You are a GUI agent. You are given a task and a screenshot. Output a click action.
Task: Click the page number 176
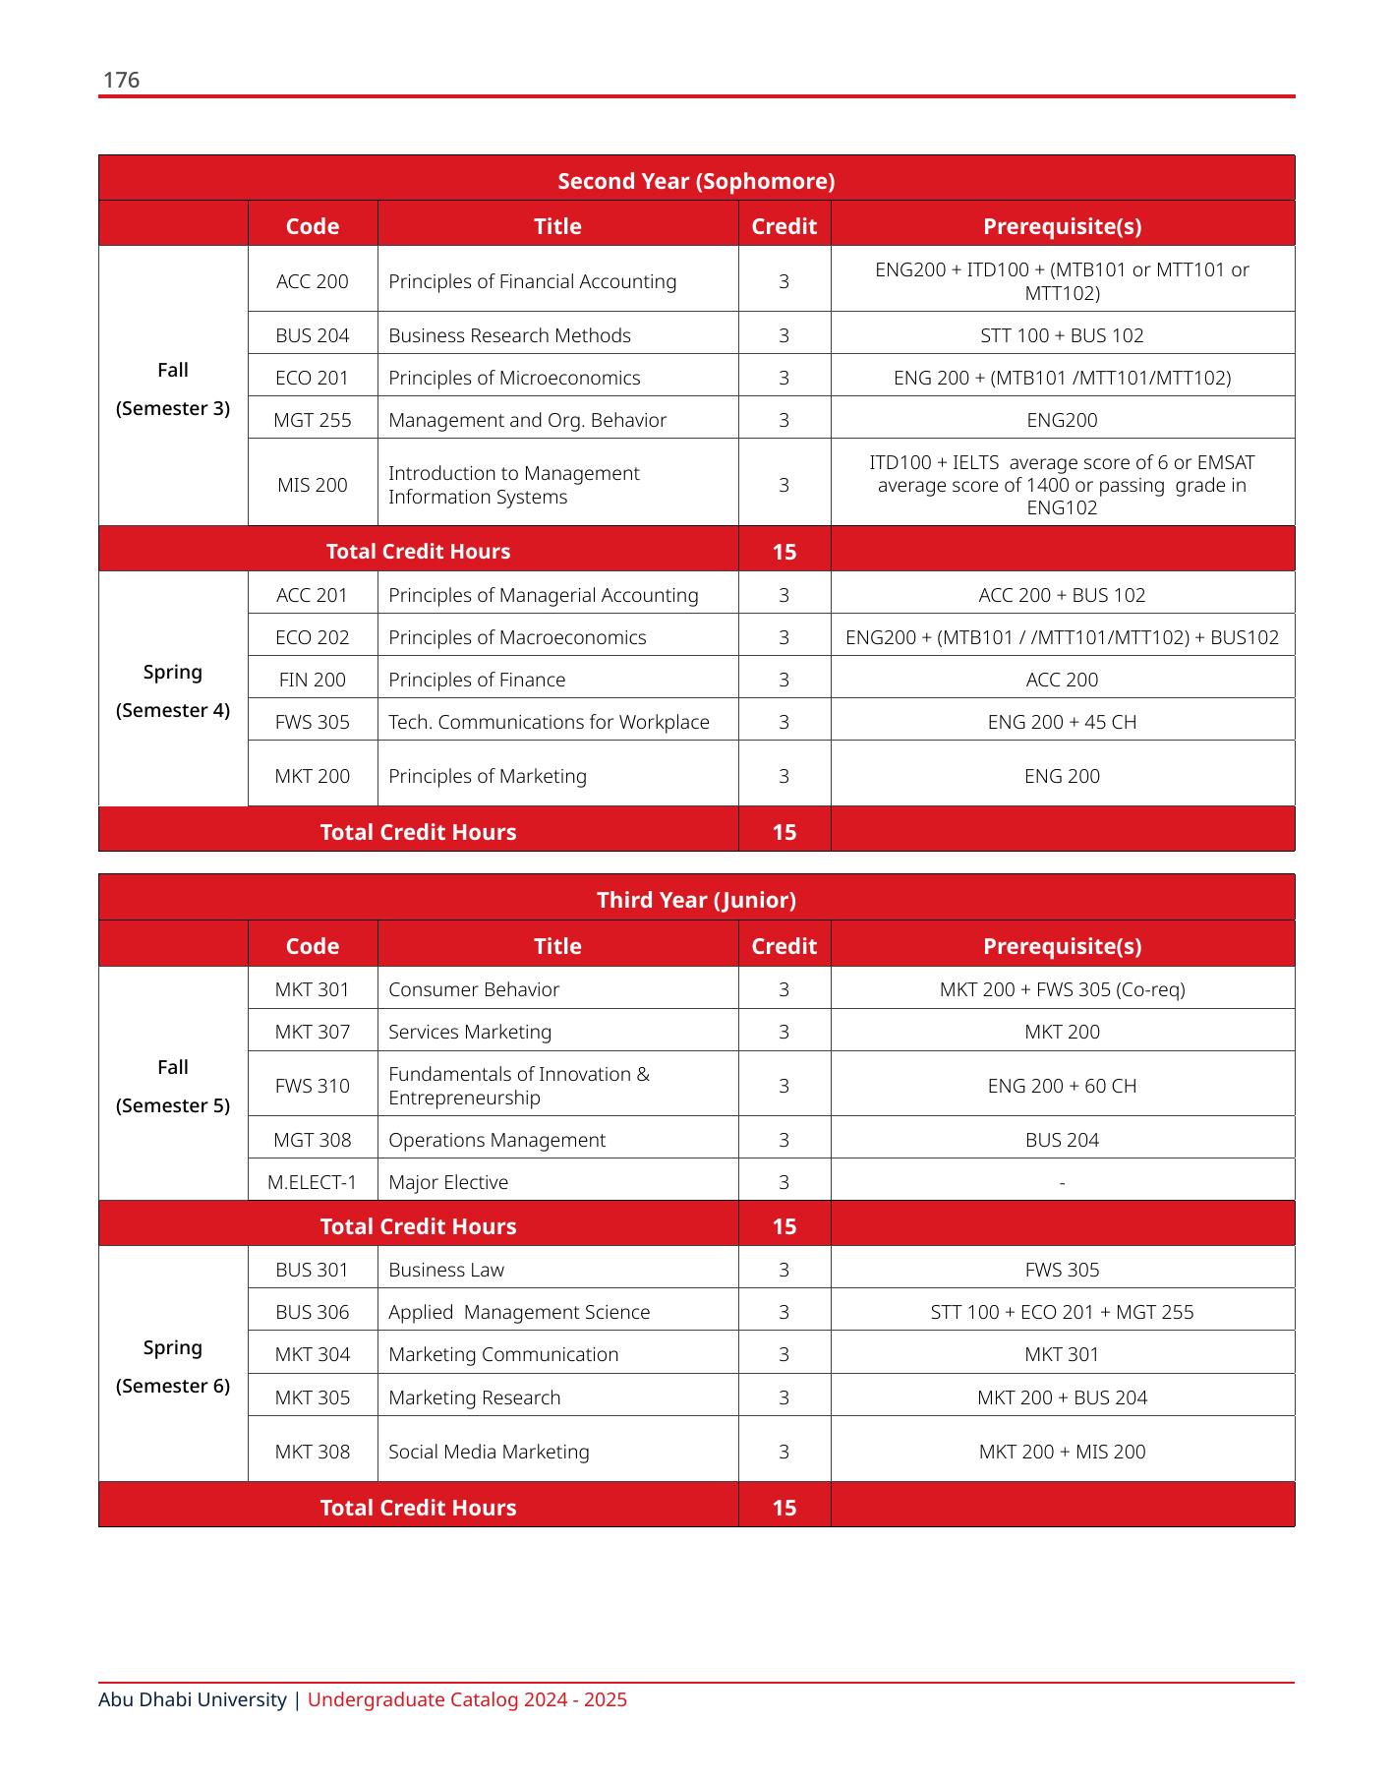click(x=121, y=81)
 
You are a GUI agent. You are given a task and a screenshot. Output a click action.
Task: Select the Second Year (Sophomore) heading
click(x=696, y=181)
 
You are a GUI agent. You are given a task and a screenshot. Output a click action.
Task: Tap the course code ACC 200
click(x=312, y=281)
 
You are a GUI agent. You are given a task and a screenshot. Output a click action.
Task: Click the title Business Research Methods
click(x=509, y=335)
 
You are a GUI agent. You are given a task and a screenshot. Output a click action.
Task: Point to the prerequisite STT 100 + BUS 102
click(x=1062, y=335)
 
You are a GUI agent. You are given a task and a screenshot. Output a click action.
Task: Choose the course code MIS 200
click(x=312, y=485)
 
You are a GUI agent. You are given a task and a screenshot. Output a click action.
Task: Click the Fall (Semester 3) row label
click(x=173, y=388)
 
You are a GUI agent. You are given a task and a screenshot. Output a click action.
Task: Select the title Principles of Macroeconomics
click(x=517, y=637)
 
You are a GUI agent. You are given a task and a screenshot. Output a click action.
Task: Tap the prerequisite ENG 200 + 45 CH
click(x=1062, y=722)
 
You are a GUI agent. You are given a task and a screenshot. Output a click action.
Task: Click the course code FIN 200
click(x=312, y=680)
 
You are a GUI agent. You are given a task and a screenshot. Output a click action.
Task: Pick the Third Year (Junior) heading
click(x=696, y=900)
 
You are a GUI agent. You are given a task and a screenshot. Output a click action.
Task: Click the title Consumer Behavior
click(x=474, y=989)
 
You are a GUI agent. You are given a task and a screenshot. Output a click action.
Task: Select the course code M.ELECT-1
click(x=312, y=1182)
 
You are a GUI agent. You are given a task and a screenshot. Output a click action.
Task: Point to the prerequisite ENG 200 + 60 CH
click(x=1062, y=1086)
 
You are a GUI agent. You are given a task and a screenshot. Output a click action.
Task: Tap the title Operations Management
click(x=496, y=1140)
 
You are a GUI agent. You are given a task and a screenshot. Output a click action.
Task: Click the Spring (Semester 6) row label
click(x=173, y=1366)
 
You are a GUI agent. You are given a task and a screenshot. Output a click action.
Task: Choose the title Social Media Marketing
click(x=489, y=1452)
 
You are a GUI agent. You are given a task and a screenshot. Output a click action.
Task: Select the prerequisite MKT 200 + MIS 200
click(x=1062, y=1452)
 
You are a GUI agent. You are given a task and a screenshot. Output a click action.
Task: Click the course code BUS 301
click(x=312, y=1270)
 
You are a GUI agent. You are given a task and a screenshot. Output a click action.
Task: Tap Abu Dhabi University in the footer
click(x=192, y=1699)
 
